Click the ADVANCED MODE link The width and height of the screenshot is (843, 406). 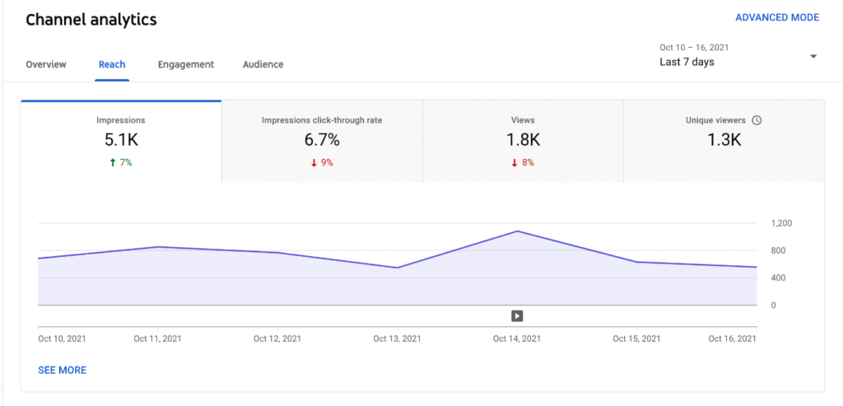tap(776, 17)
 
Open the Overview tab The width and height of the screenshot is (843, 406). tap(46, 64)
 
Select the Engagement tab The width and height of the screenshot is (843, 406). tap(186, 64)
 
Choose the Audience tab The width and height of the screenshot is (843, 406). tap(263, 64)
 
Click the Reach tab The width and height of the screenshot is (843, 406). tap(112, 64)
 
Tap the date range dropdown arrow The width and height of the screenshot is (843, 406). tap(813, 57)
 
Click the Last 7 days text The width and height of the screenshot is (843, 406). tap(687, 63)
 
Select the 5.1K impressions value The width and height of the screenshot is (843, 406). tap(120, 140)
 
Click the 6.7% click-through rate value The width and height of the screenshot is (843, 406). tap(321, 140)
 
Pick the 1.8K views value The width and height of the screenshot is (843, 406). tap(523, 140)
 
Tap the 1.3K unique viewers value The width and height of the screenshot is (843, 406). tap(724, 140)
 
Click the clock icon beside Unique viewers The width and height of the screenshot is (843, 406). tap(757, 120)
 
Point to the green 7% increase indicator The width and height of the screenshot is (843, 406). tap(120, 162)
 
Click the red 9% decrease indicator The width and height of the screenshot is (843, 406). tap(321, 162)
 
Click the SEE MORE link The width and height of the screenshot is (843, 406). tap(62, 371)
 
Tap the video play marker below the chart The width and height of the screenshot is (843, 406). tap(517, 315)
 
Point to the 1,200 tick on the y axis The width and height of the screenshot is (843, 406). tap(780, 223)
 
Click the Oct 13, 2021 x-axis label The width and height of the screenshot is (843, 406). tap(398, 338)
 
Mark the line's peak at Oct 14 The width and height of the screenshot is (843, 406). tap(517, 231)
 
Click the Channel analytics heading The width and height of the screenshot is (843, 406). tap(91, 19)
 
